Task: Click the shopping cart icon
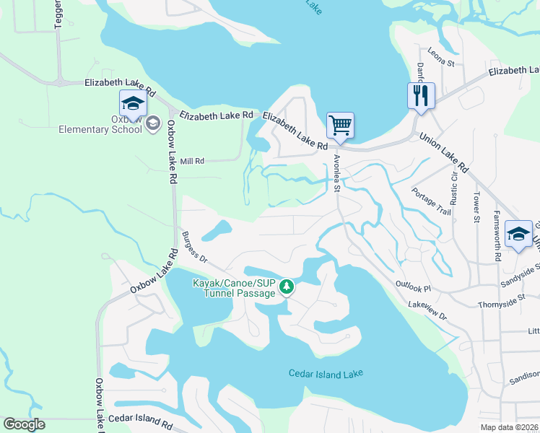(340, 125)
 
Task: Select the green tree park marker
(287, 288)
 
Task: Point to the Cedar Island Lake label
(325, 373)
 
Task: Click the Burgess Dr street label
(194, 246)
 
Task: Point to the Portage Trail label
(430, 201)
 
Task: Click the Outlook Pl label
(412, 288)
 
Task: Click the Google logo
(24, 424)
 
